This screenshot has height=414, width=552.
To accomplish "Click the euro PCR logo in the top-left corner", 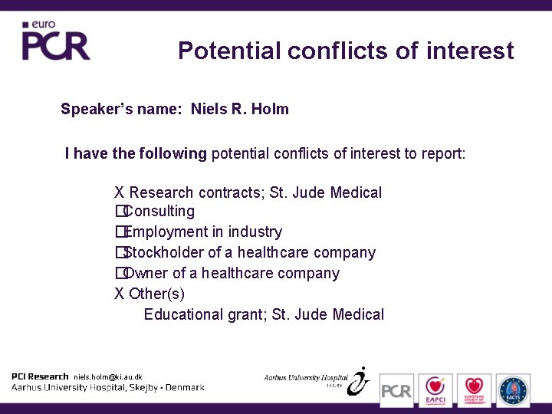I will (x=55, y=41).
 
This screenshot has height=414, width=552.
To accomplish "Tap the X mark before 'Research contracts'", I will (x=120, y=192).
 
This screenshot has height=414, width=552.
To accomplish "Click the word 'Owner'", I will (x=145, y=273).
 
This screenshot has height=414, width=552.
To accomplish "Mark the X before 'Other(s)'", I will (x=120, y=294).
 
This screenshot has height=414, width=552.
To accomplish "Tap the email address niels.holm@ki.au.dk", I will (x=107, y=377).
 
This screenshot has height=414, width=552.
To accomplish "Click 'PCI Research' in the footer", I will (x=40, y=376).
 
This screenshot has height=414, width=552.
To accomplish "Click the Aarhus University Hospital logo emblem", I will (x=358, y=380).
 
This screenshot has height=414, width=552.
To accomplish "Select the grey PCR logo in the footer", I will (x=396, y=390).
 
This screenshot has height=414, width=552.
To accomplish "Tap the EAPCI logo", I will (x=435, y=390).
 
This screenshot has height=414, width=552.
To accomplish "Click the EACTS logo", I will (x=513, y=390).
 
